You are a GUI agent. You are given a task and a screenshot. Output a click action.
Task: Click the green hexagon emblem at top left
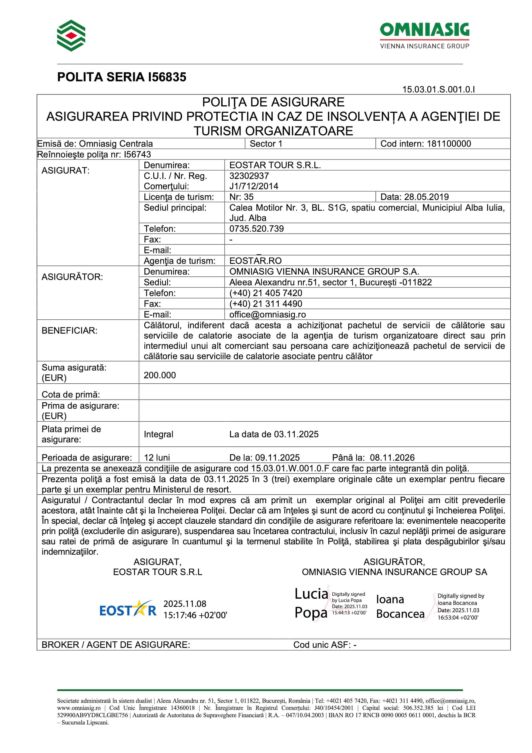[x=71, y=35]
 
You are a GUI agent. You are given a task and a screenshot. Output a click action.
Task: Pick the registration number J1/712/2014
[x=253, y=186]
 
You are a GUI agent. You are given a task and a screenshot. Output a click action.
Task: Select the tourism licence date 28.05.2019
[x=426, y=197]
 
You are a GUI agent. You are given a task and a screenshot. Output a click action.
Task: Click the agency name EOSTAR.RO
[x=255, y=261]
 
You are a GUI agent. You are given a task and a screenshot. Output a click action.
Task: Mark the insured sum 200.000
[x=160, y=375]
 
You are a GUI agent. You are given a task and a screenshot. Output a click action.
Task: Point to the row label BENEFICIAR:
[x=70, y=331]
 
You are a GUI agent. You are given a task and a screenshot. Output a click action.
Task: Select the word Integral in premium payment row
[x=158, y=434]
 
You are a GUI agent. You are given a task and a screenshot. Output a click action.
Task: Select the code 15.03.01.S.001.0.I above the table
[x=438, y=89]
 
